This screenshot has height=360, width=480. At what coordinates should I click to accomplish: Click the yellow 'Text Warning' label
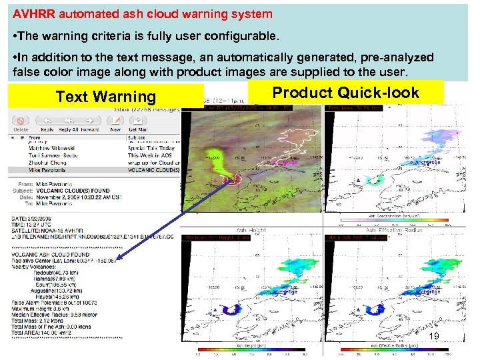105,97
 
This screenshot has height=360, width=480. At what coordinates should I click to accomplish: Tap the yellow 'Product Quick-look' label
346,93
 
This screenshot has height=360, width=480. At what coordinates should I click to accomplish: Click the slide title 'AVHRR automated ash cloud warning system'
143,13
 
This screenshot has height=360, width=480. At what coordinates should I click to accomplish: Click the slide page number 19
433,336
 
